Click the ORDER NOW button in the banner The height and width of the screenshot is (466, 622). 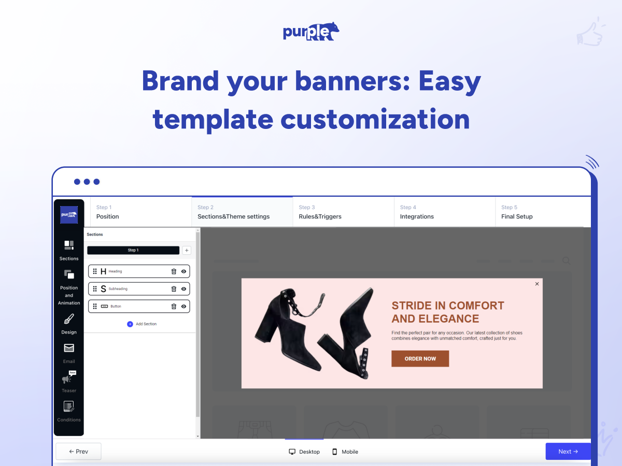click(420, 359)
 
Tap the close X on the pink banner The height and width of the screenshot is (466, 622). click(537, 284)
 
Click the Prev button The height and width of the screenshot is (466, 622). click(78, 452)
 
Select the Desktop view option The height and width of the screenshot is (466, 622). click(304, 452)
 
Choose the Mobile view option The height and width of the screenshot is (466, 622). click(345, 452)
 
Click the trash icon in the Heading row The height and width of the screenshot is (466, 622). click(174, 271)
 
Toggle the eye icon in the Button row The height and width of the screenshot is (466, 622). click(183, 307)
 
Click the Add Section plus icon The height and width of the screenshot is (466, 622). click(130, 324)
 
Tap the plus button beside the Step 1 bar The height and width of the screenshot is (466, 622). click(187, 250)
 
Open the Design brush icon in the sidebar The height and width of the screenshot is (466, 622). click(69, 319)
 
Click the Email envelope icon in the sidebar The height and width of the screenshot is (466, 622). click(69, 348)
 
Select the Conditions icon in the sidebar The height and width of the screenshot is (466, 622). click(69, 406)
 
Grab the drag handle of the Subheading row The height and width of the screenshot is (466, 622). click(95, 289)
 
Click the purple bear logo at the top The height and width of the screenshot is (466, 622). click(311, 32)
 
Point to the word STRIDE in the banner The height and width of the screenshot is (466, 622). click(413, 305)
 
